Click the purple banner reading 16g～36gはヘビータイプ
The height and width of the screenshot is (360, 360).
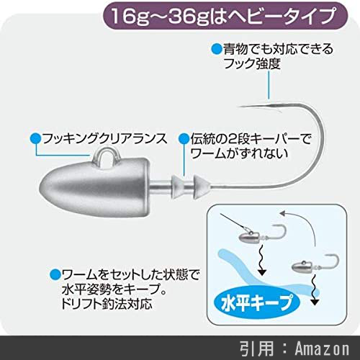click(225, 16)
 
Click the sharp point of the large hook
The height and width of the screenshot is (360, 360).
click(239, 107)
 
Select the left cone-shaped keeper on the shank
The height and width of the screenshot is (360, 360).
click(177, 186)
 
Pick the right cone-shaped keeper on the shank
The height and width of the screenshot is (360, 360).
click(201, 186)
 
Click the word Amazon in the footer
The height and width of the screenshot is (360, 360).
click(322, 348)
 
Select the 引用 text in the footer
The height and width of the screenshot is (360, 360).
click(256, 348)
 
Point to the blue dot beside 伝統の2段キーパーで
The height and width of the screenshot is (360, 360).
click(184, 139)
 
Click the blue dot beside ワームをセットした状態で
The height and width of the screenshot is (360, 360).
click(55, 274)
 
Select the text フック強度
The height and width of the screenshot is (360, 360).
click(252, 64)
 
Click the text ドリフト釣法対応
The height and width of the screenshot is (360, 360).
click(107, 304)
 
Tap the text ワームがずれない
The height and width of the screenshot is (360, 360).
click(239, 153)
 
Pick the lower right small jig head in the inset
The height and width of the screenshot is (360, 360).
click(315, 265)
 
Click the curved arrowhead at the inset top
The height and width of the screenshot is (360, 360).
click(283, 213)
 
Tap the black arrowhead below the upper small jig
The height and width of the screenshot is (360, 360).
click(262, 272)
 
